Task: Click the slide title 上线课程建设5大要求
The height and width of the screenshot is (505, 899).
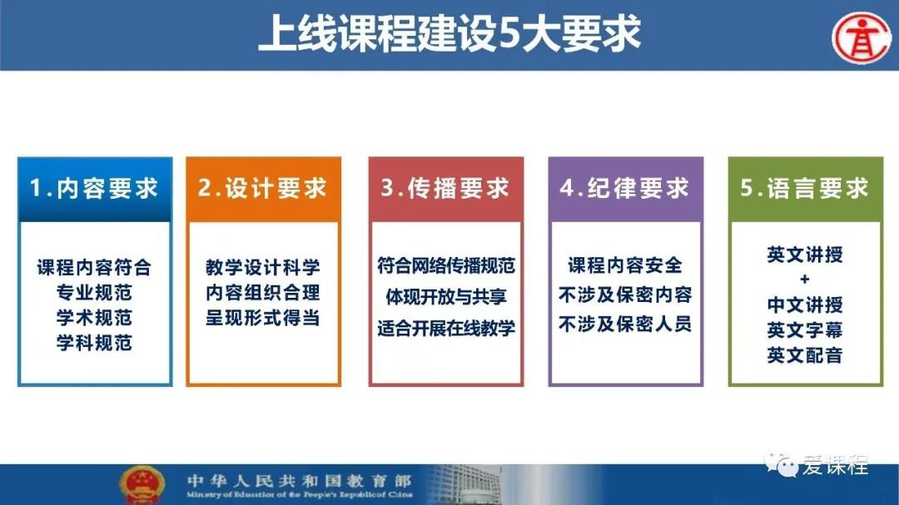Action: tap(449, 34)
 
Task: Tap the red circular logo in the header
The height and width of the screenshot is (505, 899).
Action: tap(862, 37)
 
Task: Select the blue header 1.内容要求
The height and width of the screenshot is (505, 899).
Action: tap(95, 189)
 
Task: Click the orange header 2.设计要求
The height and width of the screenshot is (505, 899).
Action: tap(263, 189)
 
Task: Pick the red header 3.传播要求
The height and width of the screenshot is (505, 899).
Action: tap(445, 189)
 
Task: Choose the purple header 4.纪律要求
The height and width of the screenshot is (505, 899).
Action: tap(625, 189)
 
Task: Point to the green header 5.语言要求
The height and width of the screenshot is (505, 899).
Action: tap(805, 189)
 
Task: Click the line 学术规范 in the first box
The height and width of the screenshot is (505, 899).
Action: tap(95, 318)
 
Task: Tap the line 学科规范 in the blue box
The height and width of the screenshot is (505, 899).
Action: tap(95, 343)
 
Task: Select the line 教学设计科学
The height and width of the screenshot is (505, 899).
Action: tap(263, 267)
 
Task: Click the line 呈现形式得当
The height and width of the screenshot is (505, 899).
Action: tap(263, 318)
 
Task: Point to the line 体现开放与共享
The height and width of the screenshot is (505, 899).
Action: tap(446, 297)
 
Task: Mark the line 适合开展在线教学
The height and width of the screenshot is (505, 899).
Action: tap(446, 329)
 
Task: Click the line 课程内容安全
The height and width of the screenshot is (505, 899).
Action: tap(625, 265)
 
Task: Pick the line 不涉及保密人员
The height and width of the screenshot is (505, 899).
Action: tap(625, 324)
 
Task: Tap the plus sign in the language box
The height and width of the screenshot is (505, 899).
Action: tap(805, 280)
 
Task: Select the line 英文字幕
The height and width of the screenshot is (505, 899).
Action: tap(805, 330)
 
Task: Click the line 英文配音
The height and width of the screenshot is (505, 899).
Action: tap(805, 355)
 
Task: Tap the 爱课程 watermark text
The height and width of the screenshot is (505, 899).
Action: tap(836, 465)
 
